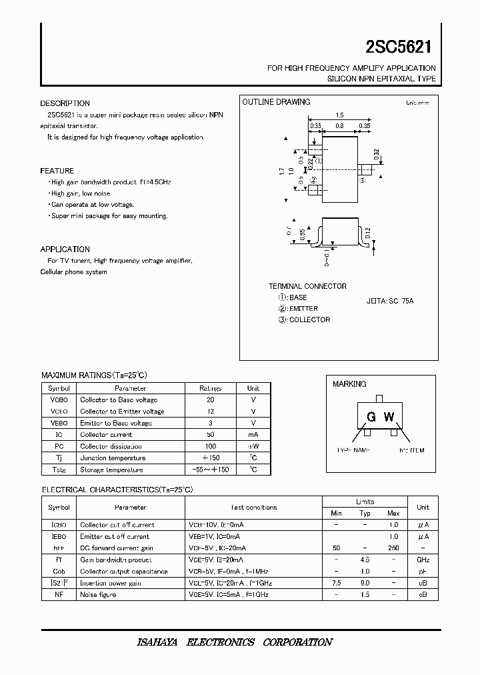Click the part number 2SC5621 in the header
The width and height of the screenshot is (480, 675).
click(399, 46)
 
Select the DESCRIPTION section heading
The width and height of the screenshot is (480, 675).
click(65, 103)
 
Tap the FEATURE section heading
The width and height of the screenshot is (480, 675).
click(57, 171)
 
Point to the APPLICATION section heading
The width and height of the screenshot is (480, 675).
click(65, 249)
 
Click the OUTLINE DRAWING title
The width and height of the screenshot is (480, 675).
click(276, 102)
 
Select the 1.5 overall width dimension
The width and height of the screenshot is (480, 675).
click(340, 115)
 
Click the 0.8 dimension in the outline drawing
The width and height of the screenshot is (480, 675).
click(339, 125)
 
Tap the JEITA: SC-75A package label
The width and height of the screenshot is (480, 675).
click(390, 301)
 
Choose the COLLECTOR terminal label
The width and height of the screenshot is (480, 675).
click(309, 319)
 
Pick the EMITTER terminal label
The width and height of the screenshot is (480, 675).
click(303, 309)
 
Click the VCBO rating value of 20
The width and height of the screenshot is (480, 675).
click(211, 400)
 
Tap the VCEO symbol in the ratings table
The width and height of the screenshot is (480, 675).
click(59, 412)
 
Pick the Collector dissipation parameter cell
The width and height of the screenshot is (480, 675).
click(111, 446)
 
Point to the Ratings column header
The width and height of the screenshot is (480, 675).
click(211, 388)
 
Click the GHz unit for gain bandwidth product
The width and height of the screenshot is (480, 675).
click(423, 560)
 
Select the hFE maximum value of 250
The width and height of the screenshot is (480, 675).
click(393, 548)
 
